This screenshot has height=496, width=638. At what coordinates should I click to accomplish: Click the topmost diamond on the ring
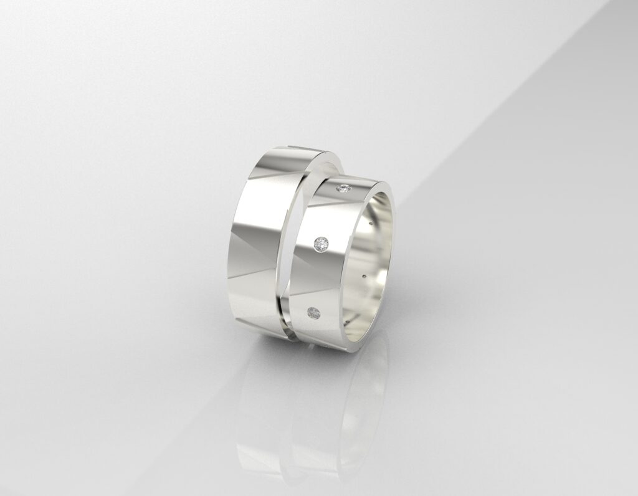pyautogui.click(x=343, y=188)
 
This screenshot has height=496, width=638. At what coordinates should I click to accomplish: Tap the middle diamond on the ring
pyautogui.click(x=321, y=245)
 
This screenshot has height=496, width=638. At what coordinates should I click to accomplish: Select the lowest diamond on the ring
pyautogui.click(x=314, y=312)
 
